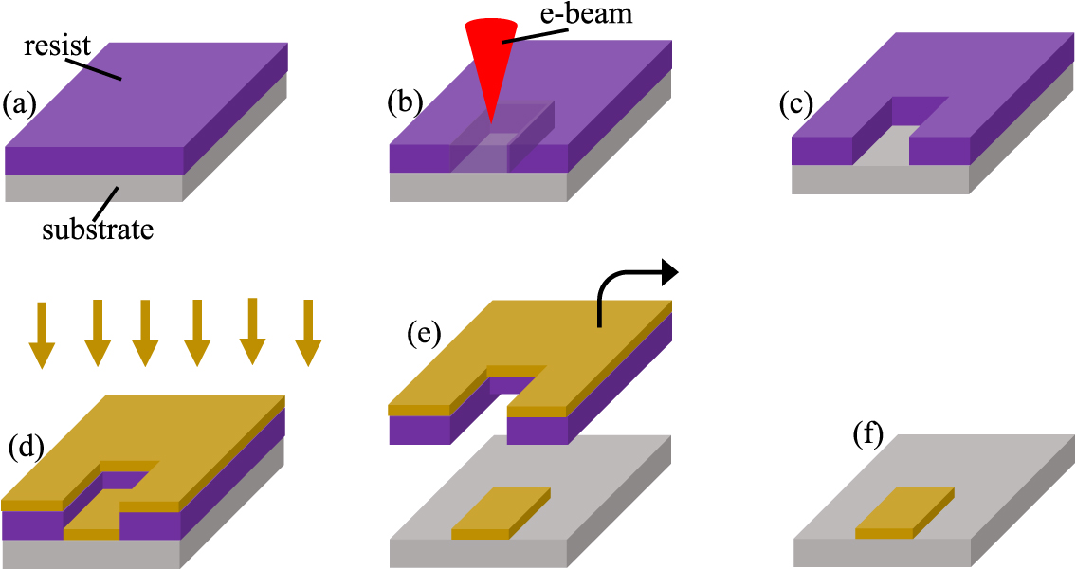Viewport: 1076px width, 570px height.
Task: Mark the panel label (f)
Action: click(x=867, y=435)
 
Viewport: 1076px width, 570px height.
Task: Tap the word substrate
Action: click(x=98, y=229)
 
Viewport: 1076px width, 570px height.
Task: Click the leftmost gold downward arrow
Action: click(x=43, y=335)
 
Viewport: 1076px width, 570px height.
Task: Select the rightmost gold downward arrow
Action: click(x=305, y=332)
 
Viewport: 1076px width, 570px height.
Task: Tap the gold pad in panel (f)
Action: click(x=903, y=512)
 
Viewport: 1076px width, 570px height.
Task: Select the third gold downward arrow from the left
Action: click(x=144, y=333)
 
